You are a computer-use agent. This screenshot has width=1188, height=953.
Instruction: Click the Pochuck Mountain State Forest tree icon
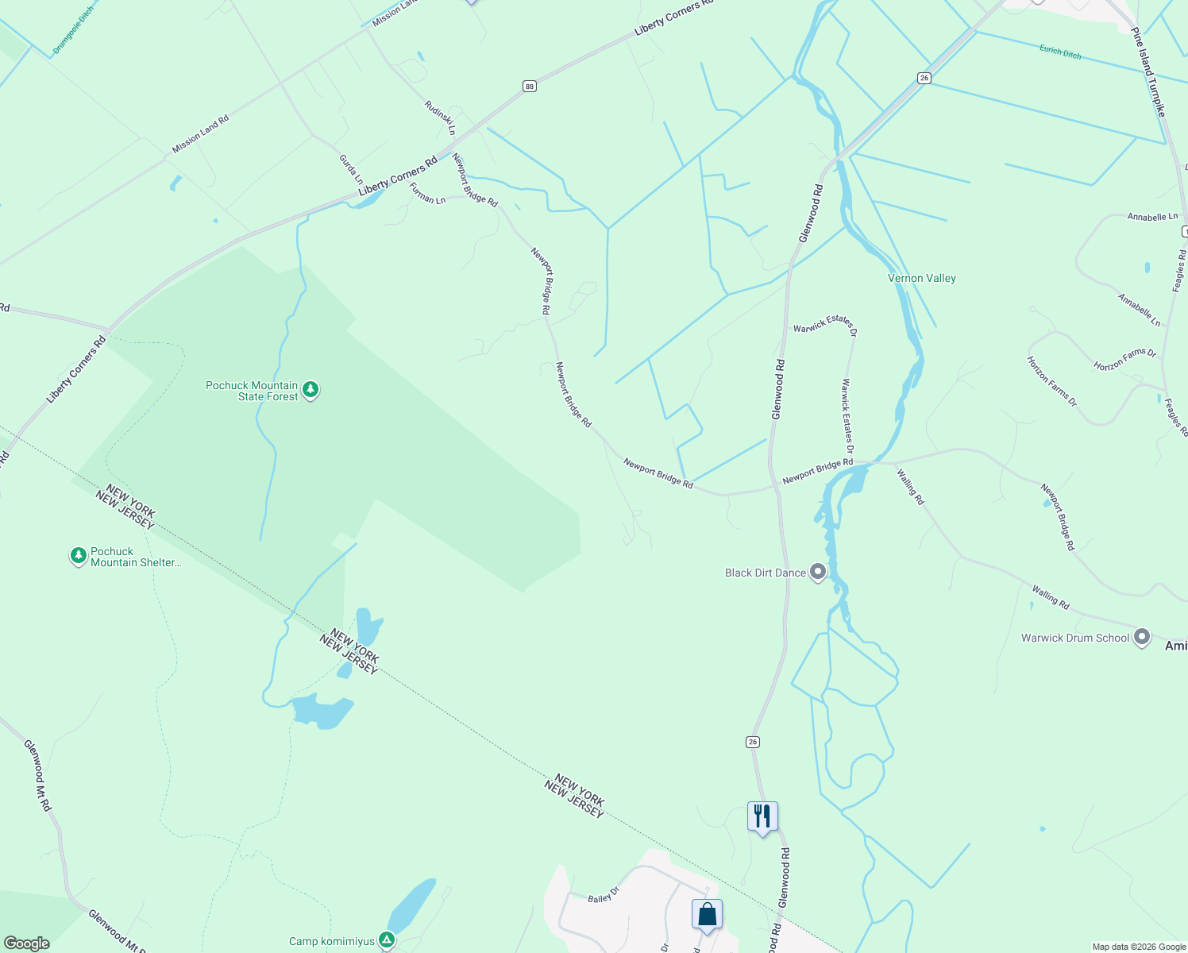[x=310, y=390]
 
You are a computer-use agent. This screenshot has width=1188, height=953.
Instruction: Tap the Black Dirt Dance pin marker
[x=818, y=572]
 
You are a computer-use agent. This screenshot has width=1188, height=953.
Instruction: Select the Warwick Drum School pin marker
[x=1142, y=637]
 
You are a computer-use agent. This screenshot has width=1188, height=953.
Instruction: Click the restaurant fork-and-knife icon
[x=762, y=816]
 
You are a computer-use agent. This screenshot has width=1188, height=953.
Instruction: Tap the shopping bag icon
[x=707, y=915]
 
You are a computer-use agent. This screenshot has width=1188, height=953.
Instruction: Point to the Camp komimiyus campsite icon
[x=387, y=940]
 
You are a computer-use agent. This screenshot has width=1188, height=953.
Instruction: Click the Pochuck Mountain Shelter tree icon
[x=78, y=556]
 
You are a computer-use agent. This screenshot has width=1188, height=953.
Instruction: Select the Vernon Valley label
[x=921, y=278]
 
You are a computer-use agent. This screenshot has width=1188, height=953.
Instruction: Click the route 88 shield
[x=530, y=86]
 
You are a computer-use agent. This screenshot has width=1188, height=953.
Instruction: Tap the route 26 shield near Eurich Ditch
[x=924, y=78]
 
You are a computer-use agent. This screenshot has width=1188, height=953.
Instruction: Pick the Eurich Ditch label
[x=1060, y=52]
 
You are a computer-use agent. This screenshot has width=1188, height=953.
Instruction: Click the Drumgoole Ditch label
[x=73, y=31]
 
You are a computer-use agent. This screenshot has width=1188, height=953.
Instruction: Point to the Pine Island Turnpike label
[x=1148, y=71]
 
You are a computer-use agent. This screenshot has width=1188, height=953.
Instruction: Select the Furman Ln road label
[x=427, y=194]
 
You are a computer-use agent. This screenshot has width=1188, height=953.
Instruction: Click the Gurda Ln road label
[x=350, y=169]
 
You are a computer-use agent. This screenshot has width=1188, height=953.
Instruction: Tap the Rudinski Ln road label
[x=440, y=118]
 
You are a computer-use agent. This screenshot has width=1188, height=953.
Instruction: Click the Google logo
[x=27, y=943]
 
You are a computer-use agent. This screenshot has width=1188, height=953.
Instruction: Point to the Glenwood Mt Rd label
[x=37, y=775]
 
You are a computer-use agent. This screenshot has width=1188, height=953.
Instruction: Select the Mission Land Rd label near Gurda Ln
[x=200, y=134]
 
